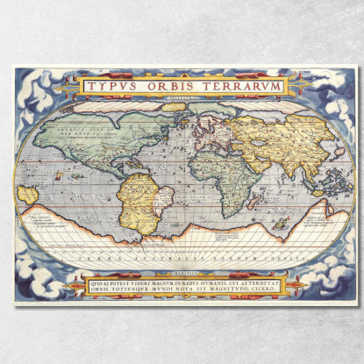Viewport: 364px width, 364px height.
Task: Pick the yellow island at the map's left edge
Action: pos(28,194)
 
